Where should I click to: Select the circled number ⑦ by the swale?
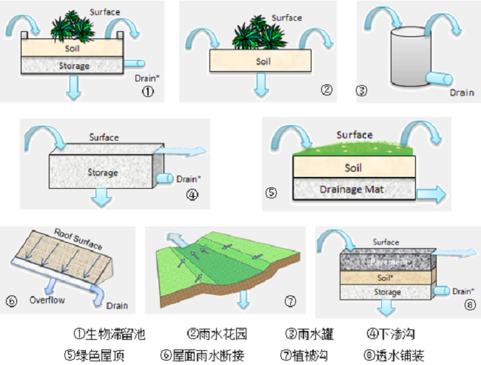290,301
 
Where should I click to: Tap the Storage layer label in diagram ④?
102,173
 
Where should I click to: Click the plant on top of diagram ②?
255,33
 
